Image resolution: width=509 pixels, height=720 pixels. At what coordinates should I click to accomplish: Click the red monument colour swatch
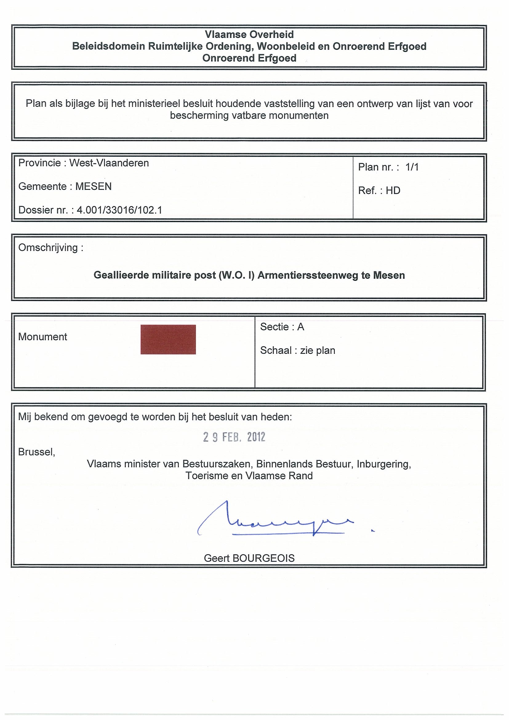(x=168, y=339)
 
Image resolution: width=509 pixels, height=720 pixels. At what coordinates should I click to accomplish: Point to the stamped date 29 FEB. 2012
(x=234, y=437)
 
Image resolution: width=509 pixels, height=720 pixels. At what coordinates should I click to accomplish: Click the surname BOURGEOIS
(x=263, y=558)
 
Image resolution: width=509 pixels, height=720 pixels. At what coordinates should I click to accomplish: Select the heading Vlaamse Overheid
(x=249, y=34)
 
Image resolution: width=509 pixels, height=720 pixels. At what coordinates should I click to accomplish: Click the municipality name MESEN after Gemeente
(x=94, y=186)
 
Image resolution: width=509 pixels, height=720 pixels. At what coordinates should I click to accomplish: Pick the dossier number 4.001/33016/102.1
(x=119, y=210)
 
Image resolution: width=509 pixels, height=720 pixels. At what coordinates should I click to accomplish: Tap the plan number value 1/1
(x=412, y=167)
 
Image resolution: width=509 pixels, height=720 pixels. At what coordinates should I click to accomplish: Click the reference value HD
(x=393, y=191)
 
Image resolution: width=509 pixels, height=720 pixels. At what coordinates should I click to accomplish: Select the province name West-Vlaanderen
(x=109, y=163)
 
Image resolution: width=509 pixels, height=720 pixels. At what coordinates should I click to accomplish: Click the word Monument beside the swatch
(x=43, y=337)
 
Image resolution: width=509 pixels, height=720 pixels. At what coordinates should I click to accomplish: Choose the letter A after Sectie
(x=301, y=327)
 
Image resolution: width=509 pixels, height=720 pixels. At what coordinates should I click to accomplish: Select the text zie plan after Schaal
(x=317, y=350)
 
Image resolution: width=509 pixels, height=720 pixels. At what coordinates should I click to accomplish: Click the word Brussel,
(x=37, y=452)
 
